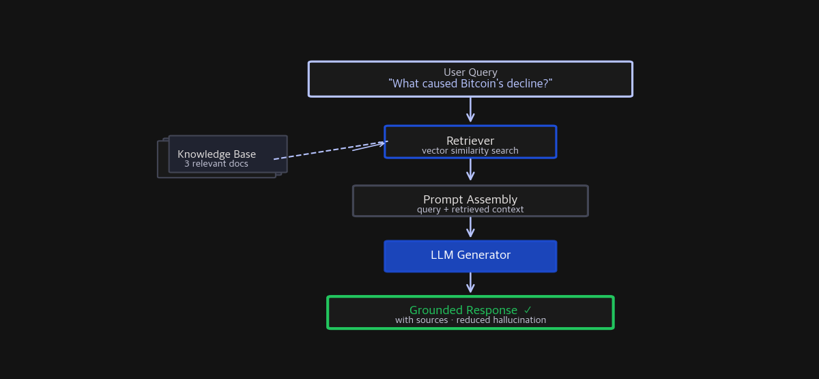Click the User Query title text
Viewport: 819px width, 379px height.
(470, 72)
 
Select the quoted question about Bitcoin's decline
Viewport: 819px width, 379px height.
(470, 84)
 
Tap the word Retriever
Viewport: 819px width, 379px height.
(470, 141)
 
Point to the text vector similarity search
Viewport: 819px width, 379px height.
(470, 151)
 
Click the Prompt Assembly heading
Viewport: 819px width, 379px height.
(470, 199)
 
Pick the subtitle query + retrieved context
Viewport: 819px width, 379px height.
(470, 210)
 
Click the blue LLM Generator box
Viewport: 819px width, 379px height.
(470, 256)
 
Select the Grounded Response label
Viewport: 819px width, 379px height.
(463, 310)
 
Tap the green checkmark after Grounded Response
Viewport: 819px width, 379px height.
(528, 310)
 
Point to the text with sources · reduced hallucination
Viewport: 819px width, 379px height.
(470, 320)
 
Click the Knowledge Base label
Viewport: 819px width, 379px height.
(216, 154)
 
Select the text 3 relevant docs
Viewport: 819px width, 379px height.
(216, 164)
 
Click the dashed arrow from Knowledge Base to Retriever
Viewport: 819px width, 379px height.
(328, 151)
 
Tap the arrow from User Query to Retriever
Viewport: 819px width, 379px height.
(470, 110)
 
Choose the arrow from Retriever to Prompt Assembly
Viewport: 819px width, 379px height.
(470, 169)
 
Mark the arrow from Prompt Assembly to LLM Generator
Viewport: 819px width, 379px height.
(470, 227)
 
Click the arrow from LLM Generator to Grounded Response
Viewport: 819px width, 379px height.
(470, 283)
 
